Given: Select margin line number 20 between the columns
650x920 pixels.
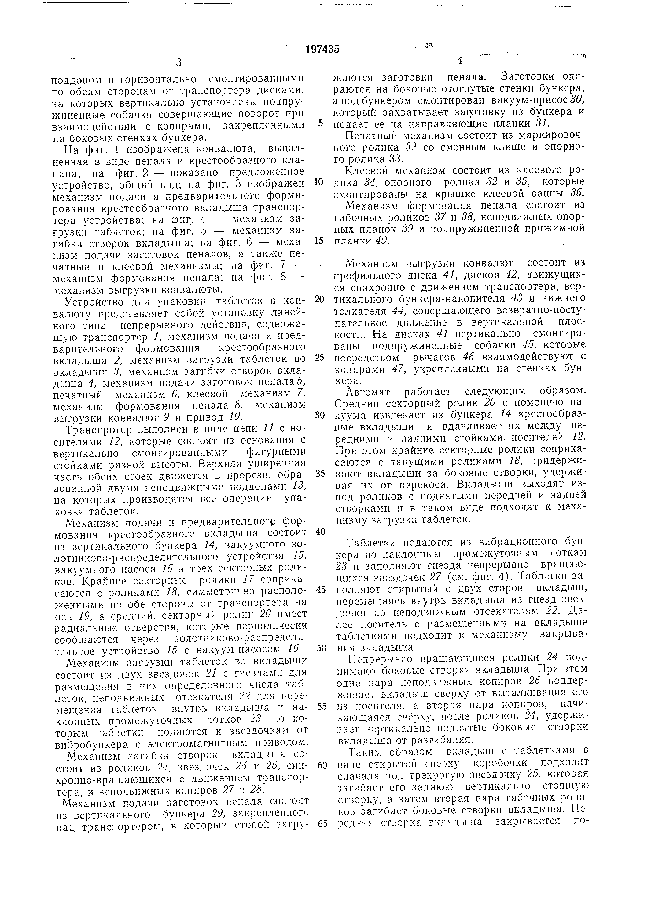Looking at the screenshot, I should click(319, 300).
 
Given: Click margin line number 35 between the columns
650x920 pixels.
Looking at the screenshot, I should click(319, 474).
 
